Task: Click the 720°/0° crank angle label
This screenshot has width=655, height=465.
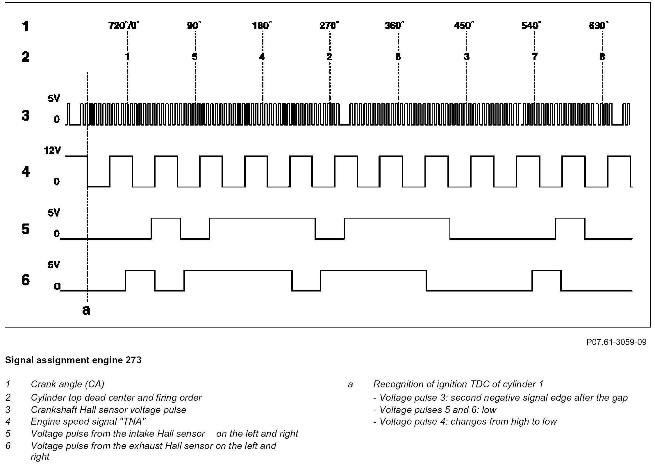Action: pyautogui.click(x=123, y=26)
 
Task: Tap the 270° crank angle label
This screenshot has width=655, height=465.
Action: pyautogui.click(x=329, y=26)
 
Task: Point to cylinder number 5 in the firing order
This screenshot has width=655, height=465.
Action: pyautogui.click(x=194, y=57)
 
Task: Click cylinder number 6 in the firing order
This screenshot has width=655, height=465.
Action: pyautogui.click(x=398, y=57)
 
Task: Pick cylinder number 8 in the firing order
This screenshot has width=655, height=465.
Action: pyautogui.click(x=602, y=57)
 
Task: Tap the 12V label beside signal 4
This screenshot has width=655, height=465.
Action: pyautogui.click(x=52, y=151)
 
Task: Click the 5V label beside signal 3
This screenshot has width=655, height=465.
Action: pyautogui.click(x=54, y=99)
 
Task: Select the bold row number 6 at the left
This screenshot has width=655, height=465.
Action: pyautogui.click(x=26, y=280)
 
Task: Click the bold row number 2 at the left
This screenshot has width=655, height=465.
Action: pyautogui.click(x=26, y=57)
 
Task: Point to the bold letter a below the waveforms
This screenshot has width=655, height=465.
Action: pyautogui.click(x=86, y=310)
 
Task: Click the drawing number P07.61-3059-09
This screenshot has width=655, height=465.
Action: pyautogui.click(x=616, y=342)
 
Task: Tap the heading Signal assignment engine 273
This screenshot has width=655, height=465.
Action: pyautogui.click(x=73, y=360)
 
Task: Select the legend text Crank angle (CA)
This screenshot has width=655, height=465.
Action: pyautogui.click(x=67, y=384)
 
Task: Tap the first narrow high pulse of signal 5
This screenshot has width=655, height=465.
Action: pyautogui.click(x=166, y=228)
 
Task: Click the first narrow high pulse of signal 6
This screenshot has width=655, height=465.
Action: pyautogui.click(x=140, y=280)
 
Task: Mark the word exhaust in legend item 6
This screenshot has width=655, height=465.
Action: pyautogui.click(x=146, y=446)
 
